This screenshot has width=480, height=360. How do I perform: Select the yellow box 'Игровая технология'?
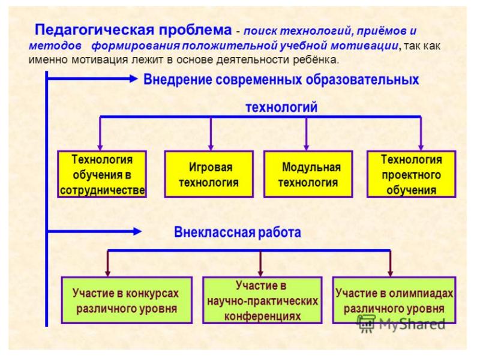(x=210, y=174)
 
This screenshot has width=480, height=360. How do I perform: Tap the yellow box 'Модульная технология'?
(x=307, y=174)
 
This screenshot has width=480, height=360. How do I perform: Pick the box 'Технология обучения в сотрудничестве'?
(x=101, y=174)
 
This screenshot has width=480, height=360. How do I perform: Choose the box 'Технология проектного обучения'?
(x=411, y=174)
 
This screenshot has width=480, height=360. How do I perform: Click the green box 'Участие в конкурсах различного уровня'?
(x=127, y=301)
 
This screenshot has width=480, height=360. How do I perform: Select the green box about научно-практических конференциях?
(x=262, y=301)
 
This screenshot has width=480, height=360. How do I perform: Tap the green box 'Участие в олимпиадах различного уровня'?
(x=394, y=301)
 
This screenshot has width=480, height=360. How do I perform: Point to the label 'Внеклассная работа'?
(x=238, y=232)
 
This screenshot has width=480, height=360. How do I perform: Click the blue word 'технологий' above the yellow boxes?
(x=281, y=107)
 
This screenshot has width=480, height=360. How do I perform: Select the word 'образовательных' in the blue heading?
(x=366, y=79)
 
